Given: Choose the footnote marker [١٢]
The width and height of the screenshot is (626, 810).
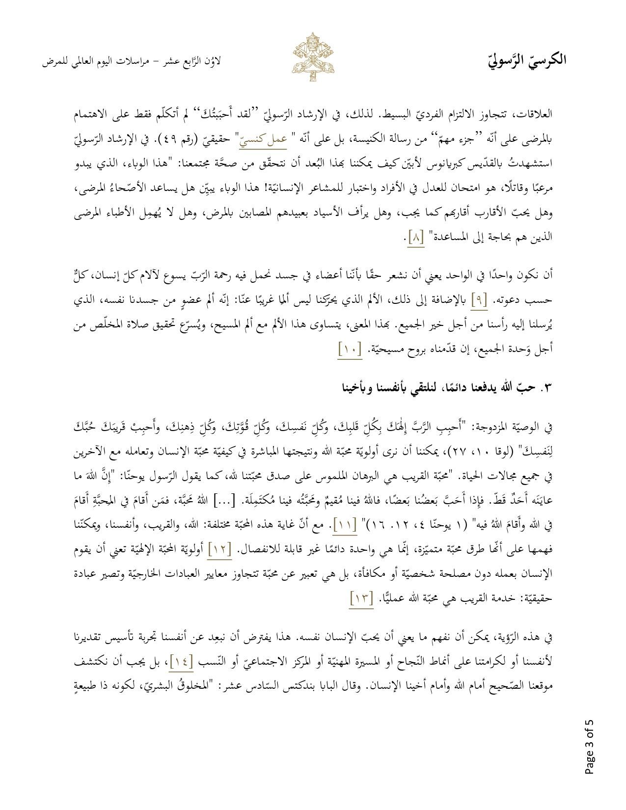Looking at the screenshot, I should coord(219,549).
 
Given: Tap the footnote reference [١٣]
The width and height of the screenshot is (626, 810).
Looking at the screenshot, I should coord(361,598).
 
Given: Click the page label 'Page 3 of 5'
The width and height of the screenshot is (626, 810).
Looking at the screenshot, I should coord(589,747).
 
